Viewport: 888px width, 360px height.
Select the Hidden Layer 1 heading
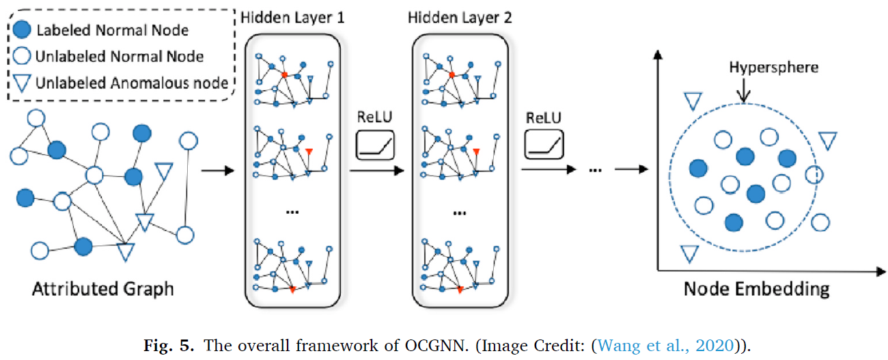coord(292,16)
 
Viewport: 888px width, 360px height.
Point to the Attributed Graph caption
coord(103,289)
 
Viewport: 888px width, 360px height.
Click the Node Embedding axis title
coord(756,289)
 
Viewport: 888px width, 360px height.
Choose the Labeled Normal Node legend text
coord(112,30)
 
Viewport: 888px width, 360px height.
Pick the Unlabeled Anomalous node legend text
coord(132,83)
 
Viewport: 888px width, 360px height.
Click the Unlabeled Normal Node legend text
coord(120,57)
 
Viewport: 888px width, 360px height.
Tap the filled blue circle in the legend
coord(22,30)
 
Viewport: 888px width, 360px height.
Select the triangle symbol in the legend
coord(22,83)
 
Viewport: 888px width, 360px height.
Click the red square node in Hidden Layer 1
coord(285,73)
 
